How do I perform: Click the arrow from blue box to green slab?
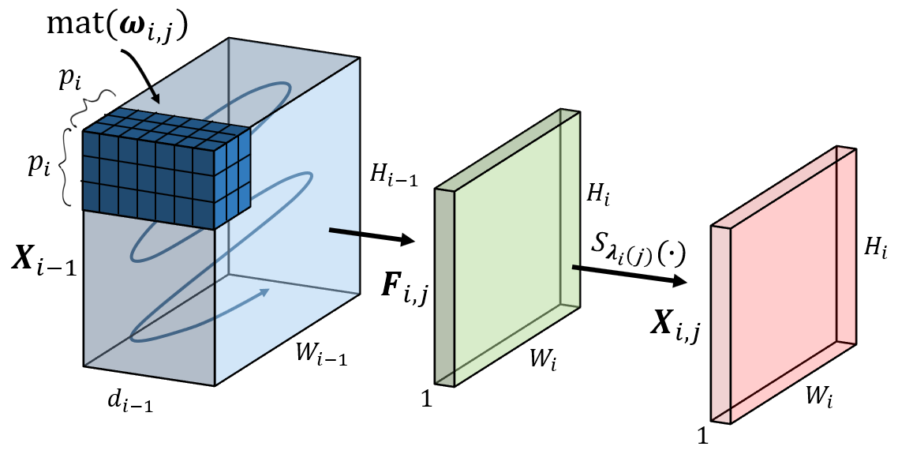[x=370, y=235]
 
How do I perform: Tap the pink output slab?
[x=789, y=284]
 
